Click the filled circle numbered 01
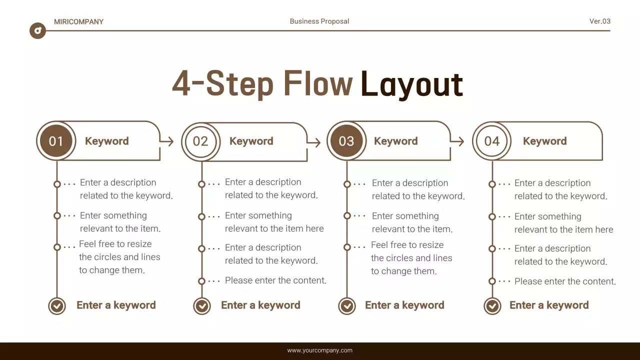pos(56,141)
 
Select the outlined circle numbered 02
pos(200,141)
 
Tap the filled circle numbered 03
pos(346,141)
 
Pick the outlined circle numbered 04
pos(491,141)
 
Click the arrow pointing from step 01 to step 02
pos(166,141)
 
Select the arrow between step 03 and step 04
pos(457,141)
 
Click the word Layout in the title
pos(411,84)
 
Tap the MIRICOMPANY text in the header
pos(78,21)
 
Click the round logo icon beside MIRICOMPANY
pos(37,31)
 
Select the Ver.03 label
pos(599,21)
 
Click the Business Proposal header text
pos(319,21)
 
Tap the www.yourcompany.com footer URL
pos(319,350)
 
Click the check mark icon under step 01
pos(57,305)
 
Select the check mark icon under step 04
pos(492,305)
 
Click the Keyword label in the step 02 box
pos(251,141)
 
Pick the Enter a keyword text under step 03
pos(404,305)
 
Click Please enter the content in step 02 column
pos(275,280)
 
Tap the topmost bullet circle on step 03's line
pos(347,184)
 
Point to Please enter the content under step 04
pos(565,281)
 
